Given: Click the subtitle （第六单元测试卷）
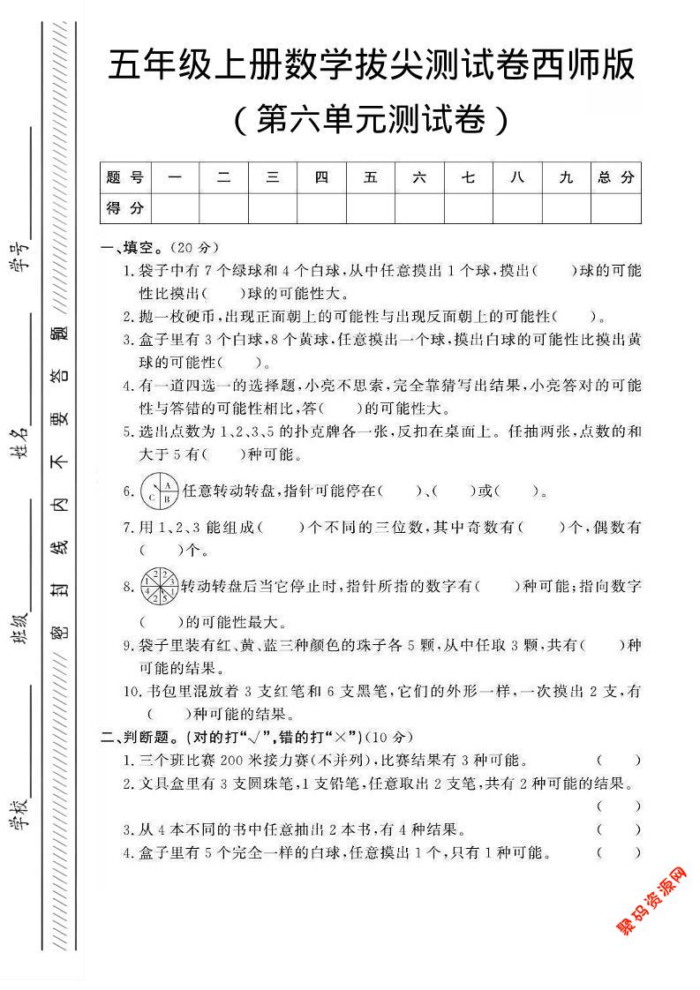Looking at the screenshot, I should coord(371,119).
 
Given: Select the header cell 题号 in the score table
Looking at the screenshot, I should coord(125,177).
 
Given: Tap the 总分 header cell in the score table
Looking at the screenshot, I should coord(616,177).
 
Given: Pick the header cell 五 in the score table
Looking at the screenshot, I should coord(371,177).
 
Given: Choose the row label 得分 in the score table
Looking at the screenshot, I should coord(125,208).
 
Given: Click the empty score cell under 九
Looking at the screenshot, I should coord(567,208).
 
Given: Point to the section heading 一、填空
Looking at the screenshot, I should coord(132,247).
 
